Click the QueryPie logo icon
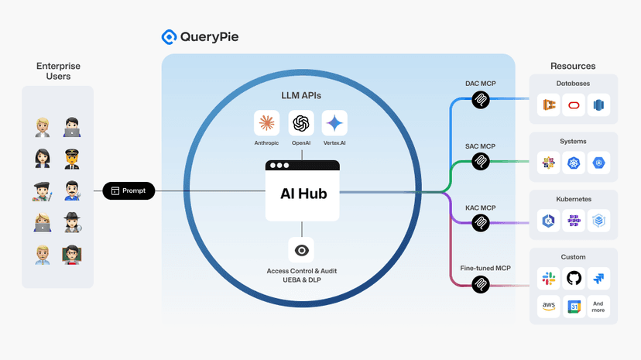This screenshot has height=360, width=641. tap(169, 36)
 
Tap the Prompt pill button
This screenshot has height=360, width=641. tap(129, 190)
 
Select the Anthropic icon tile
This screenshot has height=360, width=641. tap(266, 123)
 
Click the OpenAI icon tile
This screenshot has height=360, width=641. tap(301, 123)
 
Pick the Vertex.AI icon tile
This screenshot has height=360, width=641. tap(334, 123)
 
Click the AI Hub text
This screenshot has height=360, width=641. tap(303, 194)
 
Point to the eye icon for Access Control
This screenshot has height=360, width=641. tap(301, 249)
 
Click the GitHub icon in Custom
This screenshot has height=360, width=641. tap(574, 278)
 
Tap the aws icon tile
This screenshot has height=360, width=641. tap(549, 307)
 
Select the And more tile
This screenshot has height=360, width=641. tap(598, 307)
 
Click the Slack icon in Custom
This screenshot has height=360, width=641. tap(549, 278)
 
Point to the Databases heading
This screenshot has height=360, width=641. tap(573, 83)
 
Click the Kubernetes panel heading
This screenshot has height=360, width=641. tap(574, 199)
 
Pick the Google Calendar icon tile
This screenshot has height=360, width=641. tap(574, 307)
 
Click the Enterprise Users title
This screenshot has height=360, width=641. tap(58, 71)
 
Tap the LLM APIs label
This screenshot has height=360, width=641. tap(301, 95)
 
